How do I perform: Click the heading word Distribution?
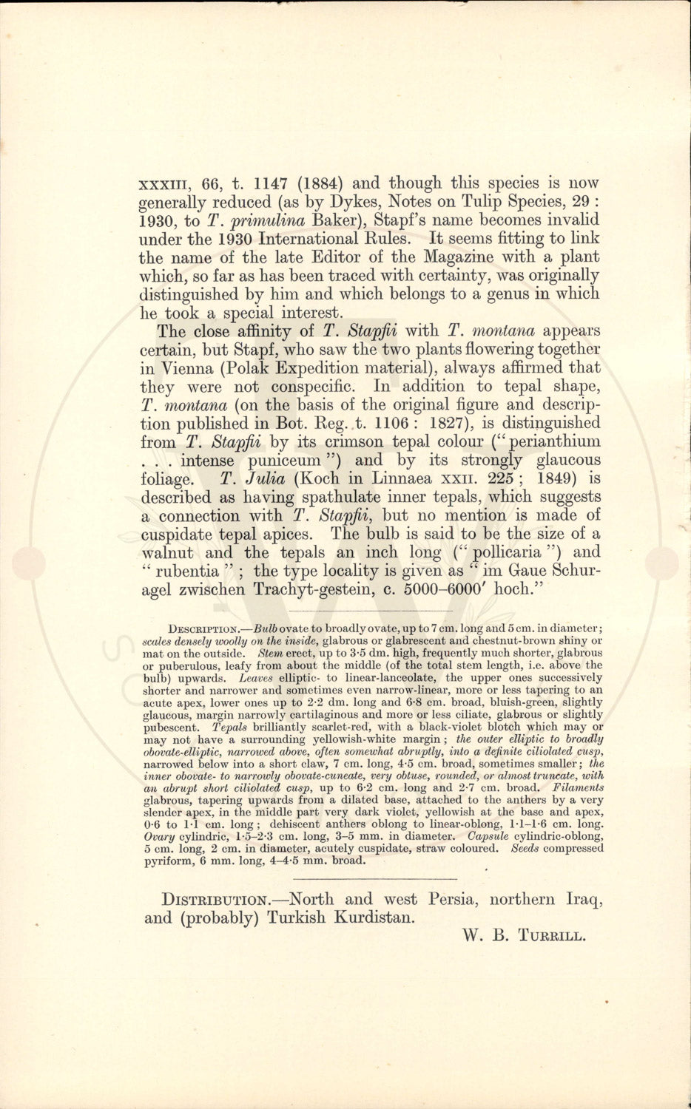(x=218, y=900)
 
